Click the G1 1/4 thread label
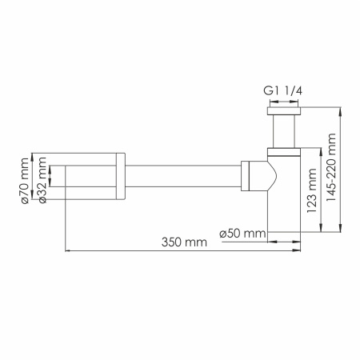(285, 91)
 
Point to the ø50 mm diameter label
(242, 234)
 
